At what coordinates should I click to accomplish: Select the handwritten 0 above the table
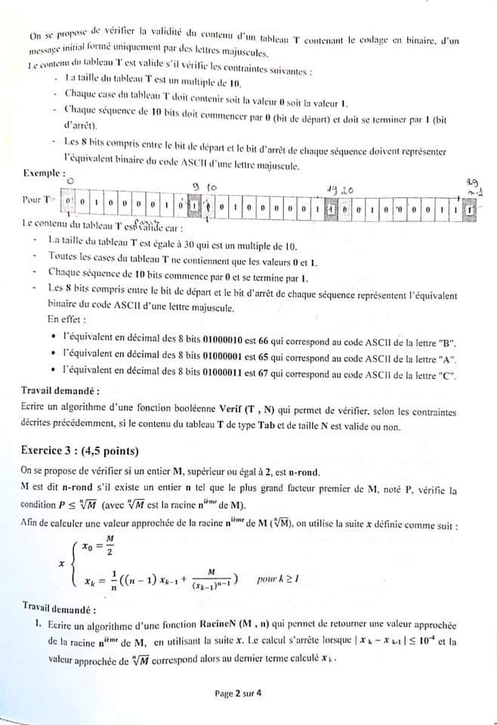click(69, 181)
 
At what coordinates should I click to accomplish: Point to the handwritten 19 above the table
click(331, 190)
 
